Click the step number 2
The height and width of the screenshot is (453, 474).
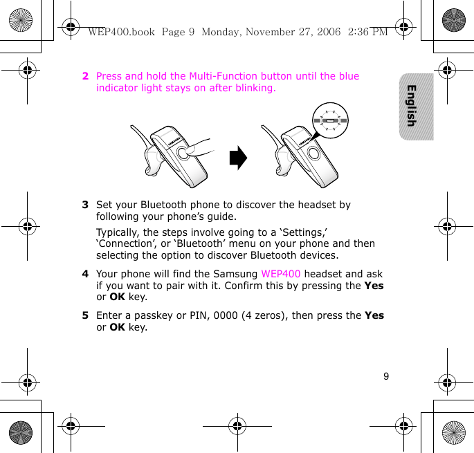click(85, 76)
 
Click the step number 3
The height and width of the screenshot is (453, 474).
click(85, 205)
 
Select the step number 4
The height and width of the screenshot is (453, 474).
click(85, 274)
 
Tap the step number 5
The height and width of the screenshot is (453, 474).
click(85, 315)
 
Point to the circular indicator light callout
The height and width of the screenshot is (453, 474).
click(329, 120)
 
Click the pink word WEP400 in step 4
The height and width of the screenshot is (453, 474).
click(281, 274)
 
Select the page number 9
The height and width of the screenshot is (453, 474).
click(386, 377)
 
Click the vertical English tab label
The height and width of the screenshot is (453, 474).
click(412, 106)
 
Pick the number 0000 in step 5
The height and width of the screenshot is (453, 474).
click(224, 315)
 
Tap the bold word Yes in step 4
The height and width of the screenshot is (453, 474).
click(374, 286)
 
